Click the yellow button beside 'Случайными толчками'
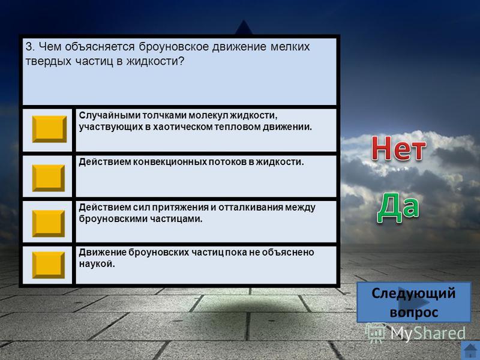(49, 129)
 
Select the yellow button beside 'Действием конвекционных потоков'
(49, 178)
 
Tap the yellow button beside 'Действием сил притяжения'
(49, 223)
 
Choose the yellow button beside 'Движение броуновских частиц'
(49, 265)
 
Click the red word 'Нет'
(398, 149)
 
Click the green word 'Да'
(398, 208)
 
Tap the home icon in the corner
(470, 351)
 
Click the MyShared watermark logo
(416, 333)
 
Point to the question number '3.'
(31, 47)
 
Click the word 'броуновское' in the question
(173, 47)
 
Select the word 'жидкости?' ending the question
(155, 61)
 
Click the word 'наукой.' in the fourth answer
(97, 264)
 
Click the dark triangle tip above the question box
(244, 20)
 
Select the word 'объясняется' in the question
(100, 47)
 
